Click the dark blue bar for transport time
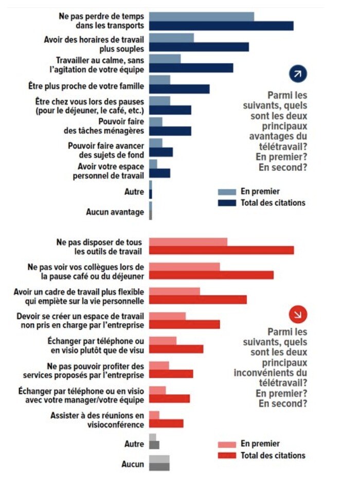(221, 26)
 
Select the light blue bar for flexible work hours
(172, 38)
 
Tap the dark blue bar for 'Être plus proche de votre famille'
(179, 89)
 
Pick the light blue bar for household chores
(156, 122)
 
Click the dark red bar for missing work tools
(222, 250)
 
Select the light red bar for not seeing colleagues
(185, 267)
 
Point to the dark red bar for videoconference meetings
(166, 424)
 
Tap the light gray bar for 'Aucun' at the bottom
(159, 459)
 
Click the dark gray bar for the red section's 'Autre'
(154, 445)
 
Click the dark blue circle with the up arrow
(298, 74)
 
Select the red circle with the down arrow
(298, 314)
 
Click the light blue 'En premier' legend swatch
(227, 192)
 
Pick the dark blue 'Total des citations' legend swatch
(227, 203)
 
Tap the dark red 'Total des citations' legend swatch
(227, 455)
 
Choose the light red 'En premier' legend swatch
(227, 444)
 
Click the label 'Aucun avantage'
(115, 212)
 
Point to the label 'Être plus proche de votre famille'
(86, 86)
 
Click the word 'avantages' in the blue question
(268, 136)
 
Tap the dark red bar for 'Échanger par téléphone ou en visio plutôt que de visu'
(176, 349)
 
